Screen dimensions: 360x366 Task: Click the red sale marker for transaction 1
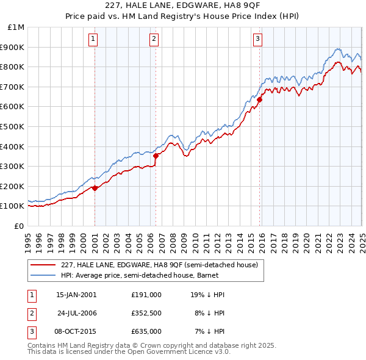pos(95,189)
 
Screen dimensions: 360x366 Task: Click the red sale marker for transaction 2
pos(156,156)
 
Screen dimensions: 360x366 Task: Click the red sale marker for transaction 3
pos(259,99)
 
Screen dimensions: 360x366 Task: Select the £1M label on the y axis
pos(16,27)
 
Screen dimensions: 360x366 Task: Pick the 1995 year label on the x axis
pos(29,238)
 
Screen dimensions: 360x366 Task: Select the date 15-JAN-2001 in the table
pos(76,295)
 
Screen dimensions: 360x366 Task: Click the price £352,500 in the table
pos(146,313)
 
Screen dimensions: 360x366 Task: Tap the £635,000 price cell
pos(146,331)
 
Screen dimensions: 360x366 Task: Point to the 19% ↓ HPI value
pos(207,295)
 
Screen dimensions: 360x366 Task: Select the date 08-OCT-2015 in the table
pos(76,331)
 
